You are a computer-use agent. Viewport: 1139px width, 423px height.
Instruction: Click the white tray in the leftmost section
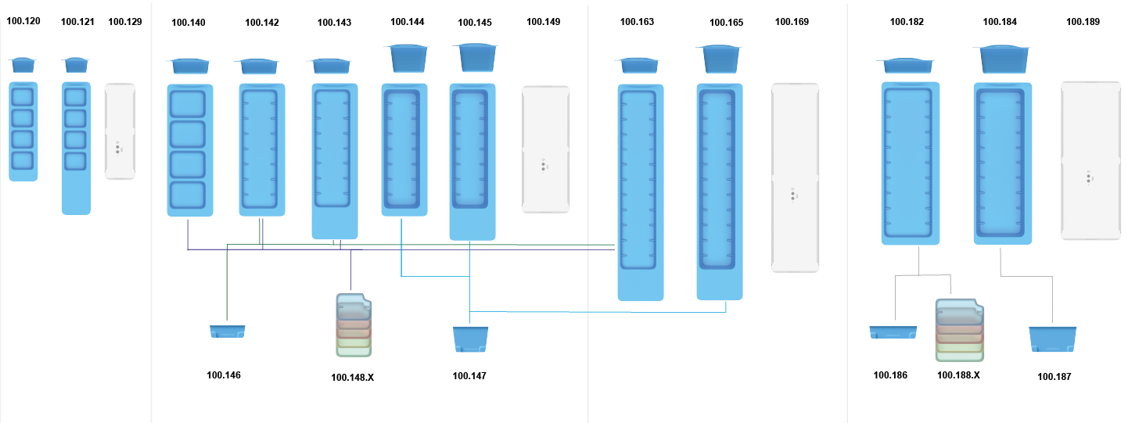120,131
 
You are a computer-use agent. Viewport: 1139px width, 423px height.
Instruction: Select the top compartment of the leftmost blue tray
23,97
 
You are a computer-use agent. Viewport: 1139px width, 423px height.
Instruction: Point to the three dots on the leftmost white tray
117,147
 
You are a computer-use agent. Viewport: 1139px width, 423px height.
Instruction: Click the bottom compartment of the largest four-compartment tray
187,195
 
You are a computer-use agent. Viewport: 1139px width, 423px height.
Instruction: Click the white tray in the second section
545,149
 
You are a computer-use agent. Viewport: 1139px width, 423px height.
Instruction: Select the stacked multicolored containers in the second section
354,325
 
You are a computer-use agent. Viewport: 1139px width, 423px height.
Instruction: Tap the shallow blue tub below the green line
228,332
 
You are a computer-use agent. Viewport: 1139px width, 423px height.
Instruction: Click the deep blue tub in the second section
470,339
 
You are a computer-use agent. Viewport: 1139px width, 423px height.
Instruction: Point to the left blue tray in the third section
640,192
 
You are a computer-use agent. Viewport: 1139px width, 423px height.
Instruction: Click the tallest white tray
796,177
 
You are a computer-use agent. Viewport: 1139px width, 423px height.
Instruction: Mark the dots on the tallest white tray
792,194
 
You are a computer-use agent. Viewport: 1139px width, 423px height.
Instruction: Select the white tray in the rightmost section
1090,160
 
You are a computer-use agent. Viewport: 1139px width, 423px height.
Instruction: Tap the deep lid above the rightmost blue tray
1001,59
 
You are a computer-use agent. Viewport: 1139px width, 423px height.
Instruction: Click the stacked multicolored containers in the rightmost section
959,330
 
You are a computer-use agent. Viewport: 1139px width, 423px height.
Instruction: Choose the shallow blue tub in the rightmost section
893,332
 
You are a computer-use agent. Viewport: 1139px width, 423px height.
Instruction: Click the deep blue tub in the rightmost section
1052,339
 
